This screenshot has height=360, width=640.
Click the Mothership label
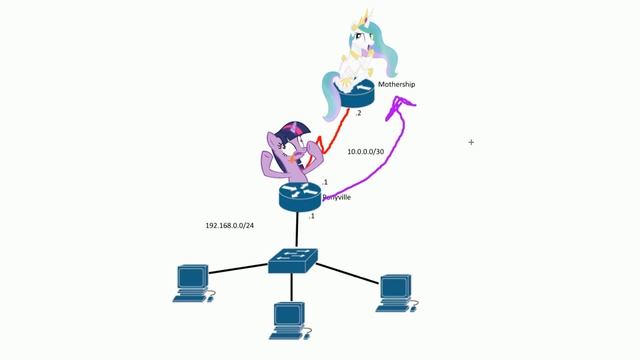(396, 85)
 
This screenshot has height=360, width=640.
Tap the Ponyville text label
(337, 197)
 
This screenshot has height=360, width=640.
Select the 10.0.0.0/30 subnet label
(367, 152)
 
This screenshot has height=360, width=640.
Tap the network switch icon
(293, 261)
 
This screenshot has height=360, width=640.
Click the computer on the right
(395, 289)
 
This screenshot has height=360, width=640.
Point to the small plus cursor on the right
(471, 142)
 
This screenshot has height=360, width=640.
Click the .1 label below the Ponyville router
(312, 216)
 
